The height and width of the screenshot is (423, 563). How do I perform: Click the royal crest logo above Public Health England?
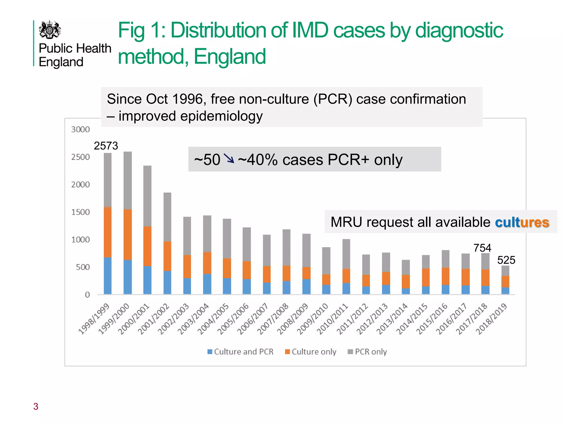(50, 30)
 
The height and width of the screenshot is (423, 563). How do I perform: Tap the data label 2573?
(106, 146)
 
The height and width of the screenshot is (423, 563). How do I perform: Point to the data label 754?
(482, 248)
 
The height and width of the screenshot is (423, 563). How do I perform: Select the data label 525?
(506, 260)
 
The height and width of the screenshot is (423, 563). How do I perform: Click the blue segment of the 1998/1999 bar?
(107, 275)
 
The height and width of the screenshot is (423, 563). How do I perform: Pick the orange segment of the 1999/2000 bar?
(128, 234)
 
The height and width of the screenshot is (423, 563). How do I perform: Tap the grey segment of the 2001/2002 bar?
(167, 217)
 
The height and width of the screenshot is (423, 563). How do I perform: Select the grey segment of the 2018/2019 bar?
(505, 271)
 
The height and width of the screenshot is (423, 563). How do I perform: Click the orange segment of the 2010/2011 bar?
(346, 276)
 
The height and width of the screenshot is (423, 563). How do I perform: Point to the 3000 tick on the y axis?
(80, 129)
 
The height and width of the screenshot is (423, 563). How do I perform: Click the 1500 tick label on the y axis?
(80, 212)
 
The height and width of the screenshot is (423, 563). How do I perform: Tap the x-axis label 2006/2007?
(253, 318)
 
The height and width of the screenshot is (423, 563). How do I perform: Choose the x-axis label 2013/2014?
(392, 318)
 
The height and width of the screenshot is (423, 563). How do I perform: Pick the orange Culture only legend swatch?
(288, 352)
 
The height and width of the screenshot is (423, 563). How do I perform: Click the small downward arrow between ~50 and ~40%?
(229, 158)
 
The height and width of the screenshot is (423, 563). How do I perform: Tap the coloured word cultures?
(522, 222)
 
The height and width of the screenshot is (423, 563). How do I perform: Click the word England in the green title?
(230, 56)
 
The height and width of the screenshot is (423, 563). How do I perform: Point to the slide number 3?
(36, 406)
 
